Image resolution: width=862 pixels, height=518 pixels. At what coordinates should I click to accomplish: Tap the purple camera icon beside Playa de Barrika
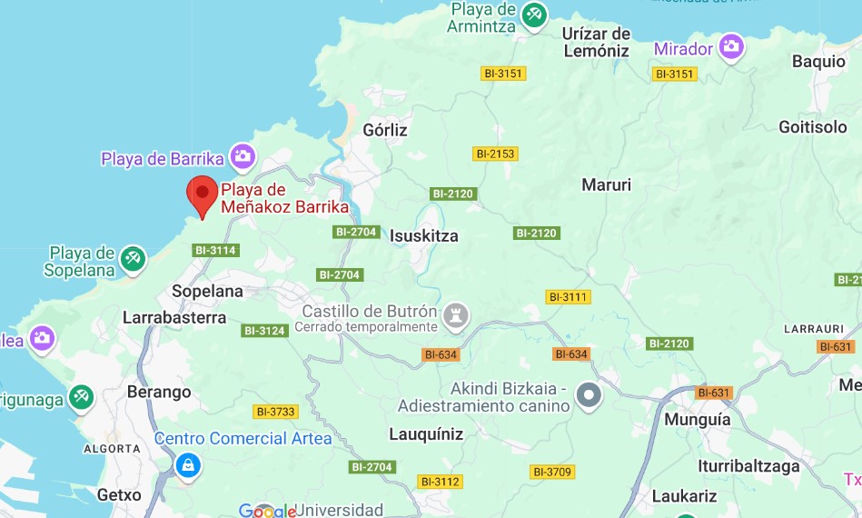pyautogui.click(x=242, y=156)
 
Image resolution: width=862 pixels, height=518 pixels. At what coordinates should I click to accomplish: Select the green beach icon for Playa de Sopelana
pyautogui.click(x=134, y=258)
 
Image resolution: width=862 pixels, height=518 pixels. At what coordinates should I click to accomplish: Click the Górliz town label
pyautogui.click(x=385, y=130)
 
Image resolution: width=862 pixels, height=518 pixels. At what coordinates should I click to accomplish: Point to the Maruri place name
pyautogui.click(x=606, y=185)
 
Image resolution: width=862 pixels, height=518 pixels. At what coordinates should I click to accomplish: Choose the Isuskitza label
pyautogui.click(x=424, y=236)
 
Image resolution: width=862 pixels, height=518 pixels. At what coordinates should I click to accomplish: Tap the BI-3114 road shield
pyautogui.click(x=215, y=250)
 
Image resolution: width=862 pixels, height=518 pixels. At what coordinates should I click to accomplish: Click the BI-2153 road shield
pyautogui.click(x=495, y=154)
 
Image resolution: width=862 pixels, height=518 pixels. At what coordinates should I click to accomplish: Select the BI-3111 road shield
pyautogui.click(x=568, y=297)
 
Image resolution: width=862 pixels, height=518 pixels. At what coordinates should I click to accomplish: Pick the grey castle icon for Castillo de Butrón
pyautogui.click(x=458, y=315)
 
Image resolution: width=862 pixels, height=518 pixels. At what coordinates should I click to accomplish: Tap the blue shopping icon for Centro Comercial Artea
pyautogui.click(x=188, y=465)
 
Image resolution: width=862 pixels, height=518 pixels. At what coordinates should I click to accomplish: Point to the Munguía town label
pyautogui.click(x=698, y=421)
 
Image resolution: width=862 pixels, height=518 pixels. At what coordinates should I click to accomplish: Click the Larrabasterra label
pyautogui.click(x=174, y=318)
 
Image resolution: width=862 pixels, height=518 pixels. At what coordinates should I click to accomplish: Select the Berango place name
pyautogui.click(x=159, y=393)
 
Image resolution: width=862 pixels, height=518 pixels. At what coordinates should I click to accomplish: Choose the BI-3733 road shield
pyautogui.click(x=276, y=412)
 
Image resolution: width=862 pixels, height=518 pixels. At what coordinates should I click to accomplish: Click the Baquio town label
pyautogui.click(x=818, y=62)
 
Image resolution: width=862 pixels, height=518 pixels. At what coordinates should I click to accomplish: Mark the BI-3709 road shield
pyautogui.click(x=552, y=472)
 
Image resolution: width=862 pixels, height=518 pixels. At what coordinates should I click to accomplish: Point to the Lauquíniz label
pyautogui.click(x=426, y=433)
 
